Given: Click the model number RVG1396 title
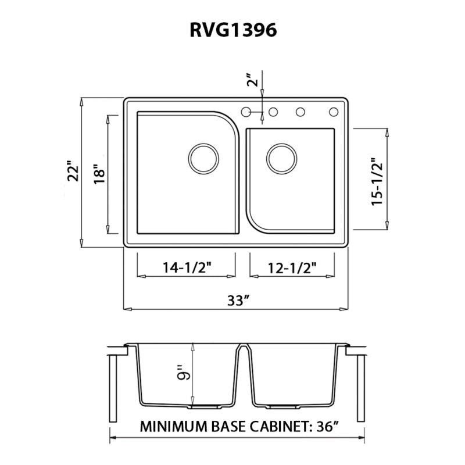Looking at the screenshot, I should pos(233,30).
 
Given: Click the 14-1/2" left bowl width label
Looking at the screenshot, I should pos(185,267).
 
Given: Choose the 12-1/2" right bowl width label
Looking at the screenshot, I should pos(292,267).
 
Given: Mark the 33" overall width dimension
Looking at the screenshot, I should pos(238,301).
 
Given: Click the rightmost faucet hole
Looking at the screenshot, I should pos(334,110).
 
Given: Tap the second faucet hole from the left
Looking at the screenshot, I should pos(271,110).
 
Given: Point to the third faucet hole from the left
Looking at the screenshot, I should pos(301,110).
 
